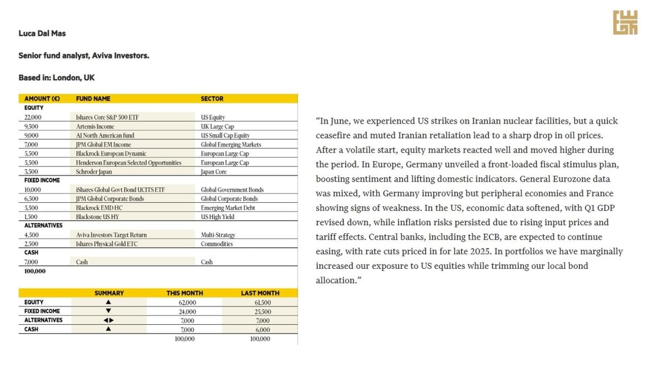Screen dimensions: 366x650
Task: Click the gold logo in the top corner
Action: pos(625,22)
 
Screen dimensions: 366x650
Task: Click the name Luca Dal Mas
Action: pos(42,34)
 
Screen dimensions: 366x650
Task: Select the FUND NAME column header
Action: pos(93,99)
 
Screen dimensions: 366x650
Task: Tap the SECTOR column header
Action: pos(212,99)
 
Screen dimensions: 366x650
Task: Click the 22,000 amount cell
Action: pos(32,117)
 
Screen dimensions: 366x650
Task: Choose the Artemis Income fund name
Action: pos(95,126)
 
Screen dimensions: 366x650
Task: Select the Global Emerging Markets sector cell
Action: pos(231,145)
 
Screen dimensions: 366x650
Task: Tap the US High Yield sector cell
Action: pos(218,217)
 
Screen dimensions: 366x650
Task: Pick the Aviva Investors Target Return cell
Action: pos(111,235)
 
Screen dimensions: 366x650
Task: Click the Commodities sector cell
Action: pos(217,244)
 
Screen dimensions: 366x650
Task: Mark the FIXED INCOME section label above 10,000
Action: pos(42,180)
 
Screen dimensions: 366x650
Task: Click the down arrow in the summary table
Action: pos(108,311)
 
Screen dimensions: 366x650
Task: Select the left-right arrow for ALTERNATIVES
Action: pos(108,320)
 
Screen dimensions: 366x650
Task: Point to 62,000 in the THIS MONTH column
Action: pos(187,302)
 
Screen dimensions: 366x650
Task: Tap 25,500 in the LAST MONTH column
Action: pos(262,311)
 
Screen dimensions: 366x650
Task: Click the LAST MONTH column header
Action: pos(260,293)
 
